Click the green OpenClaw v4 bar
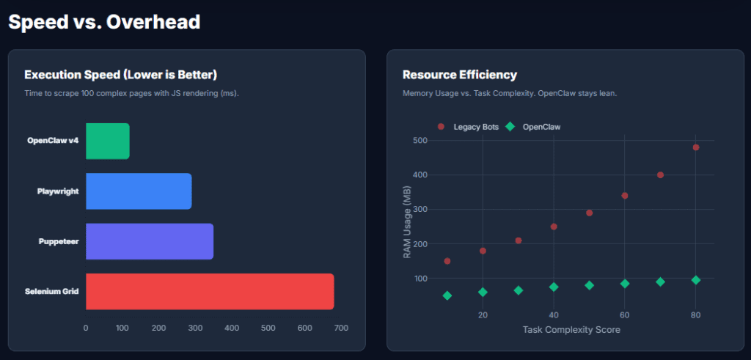click(x=108, y=141)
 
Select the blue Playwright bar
click(x=139, y=191)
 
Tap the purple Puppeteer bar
click(x=150, y=241)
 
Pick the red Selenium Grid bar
click(x=210, y=291)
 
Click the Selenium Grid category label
click(x=52, y=292)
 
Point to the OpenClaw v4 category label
click(x=53, y=141)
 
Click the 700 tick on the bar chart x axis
click(x=340, y=328)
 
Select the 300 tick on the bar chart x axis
click(x=195, y=328)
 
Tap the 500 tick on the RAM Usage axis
click(x=420, y=140)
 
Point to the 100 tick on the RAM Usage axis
click(x=420, y=279)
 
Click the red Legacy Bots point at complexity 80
click(x=696, y=147)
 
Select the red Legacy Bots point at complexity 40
click(x=554, y=227)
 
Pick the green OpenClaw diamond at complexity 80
click(x=696, y=280)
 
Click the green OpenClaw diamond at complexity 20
click(x=483, y=292)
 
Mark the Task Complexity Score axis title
click(x=571, y=330)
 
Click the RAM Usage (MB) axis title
click(x=407, y=222)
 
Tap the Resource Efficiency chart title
click(x=460, y=75)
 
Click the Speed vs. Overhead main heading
click(x=103, y=22)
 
